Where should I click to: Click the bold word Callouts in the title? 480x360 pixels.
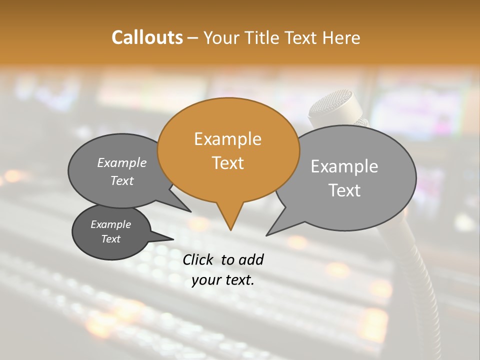coord(147,37)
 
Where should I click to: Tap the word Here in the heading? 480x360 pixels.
coord(340,37)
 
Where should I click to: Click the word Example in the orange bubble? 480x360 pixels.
coord(227,139)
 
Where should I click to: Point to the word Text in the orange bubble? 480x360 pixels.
coord(227,163)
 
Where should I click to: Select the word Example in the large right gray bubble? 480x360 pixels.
coord(344,166)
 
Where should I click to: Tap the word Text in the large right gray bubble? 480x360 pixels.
coord(344,190)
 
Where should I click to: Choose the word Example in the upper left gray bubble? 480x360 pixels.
coord(122,162)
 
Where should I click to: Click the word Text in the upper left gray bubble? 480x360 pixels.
coord(122,180)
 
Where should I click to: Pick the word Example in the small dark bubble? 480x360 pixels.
coord(110,224)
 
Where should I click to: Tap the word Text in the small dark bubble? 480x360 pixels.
coord(110,239)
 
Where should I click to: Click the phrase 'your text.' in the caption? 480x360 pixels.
coord(223,280)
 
